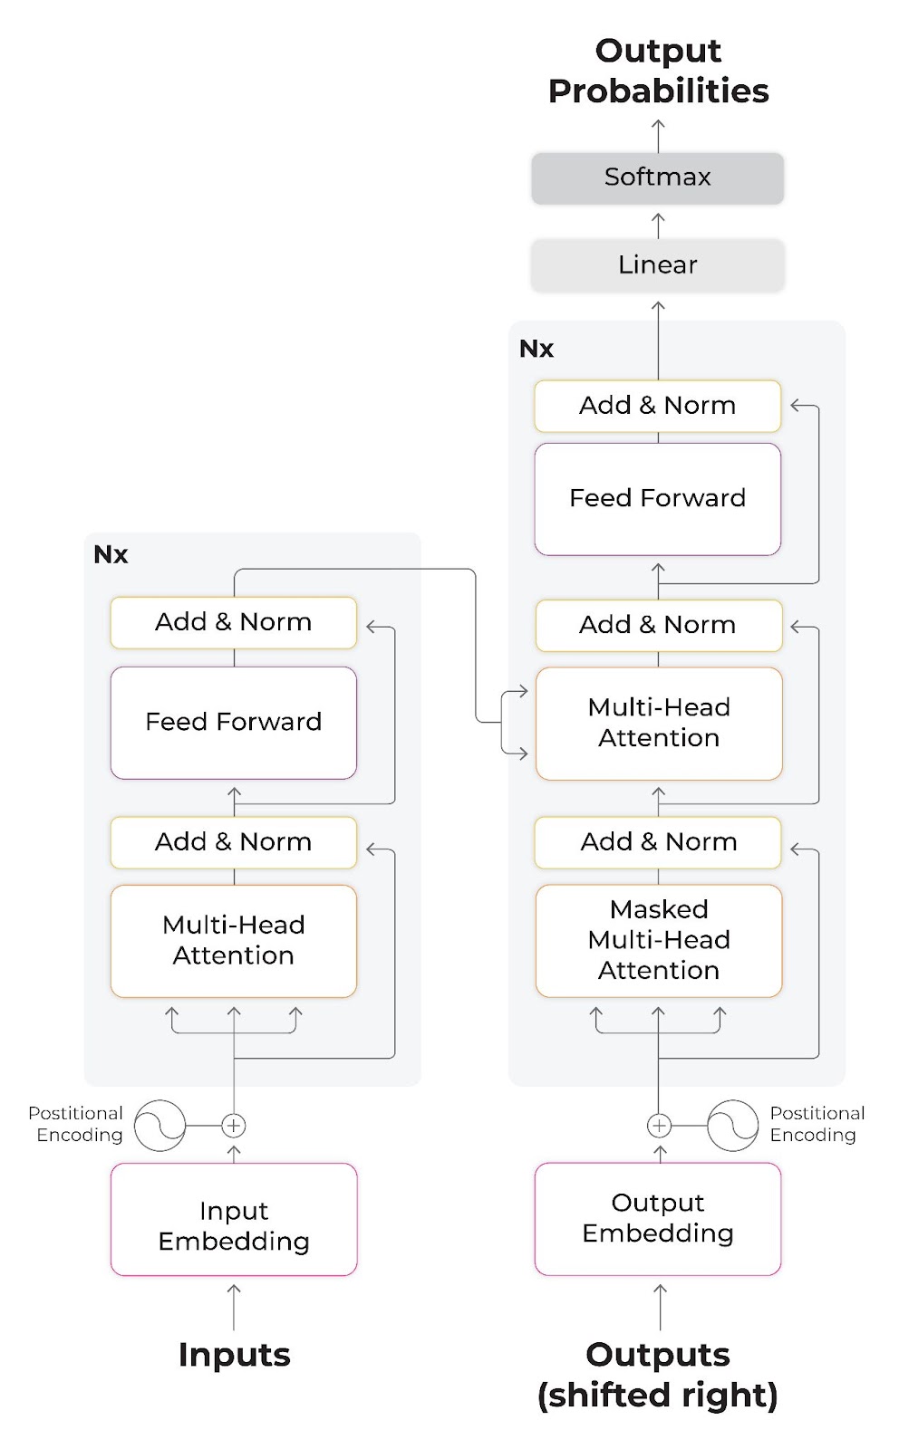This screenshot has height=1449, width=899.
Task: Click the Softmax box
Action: pos(657,178)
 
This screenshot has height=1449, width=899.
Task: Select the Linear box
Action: pos(657,265)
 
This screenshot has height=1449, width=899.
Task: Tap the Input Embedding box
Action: pos(234,1219)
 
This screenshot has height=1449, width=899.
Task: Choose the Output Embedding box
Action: pos(658,1219)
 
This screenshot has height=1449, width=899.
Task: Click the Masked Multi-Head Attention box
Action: pos(659,940)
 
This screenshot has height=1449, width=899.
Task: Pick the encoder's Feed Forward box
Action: pos(234,722)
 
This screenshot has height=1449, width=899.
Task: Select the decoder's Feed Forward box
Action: pos(658,498)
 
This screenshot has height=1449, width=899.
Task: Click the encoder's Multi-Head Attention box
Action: pos(234,940)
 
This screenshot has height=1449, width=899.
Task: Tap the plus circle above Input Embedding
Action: pos(234,1126)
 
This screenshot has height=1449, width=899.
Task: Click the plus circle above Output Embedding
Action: pos(659,1126)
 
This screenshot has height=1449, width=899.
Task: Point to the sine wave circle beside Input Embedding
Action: pos(160,1126)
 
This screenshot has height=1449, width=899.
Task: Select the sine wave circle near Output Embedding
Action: pos(732,1126)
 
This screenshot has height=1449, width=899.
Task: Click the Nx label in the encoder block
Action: pos(111,554)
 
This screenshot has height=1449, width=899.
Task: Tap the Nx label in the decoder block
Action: pos(536,349)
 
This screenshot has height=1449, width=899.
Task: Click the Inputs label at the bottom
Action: pos(234,1355)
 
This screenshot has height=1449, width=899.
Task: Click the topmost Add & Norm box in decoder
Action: pos(658,405)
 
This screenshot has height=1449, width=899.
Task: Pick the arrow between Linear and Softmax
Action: pos(658,225)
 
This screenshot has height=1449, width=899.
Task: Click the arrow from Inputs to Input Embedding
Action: pos(234,1307)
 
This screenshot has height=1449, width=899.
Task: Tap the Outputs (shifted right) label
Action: pos(658,1375)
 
